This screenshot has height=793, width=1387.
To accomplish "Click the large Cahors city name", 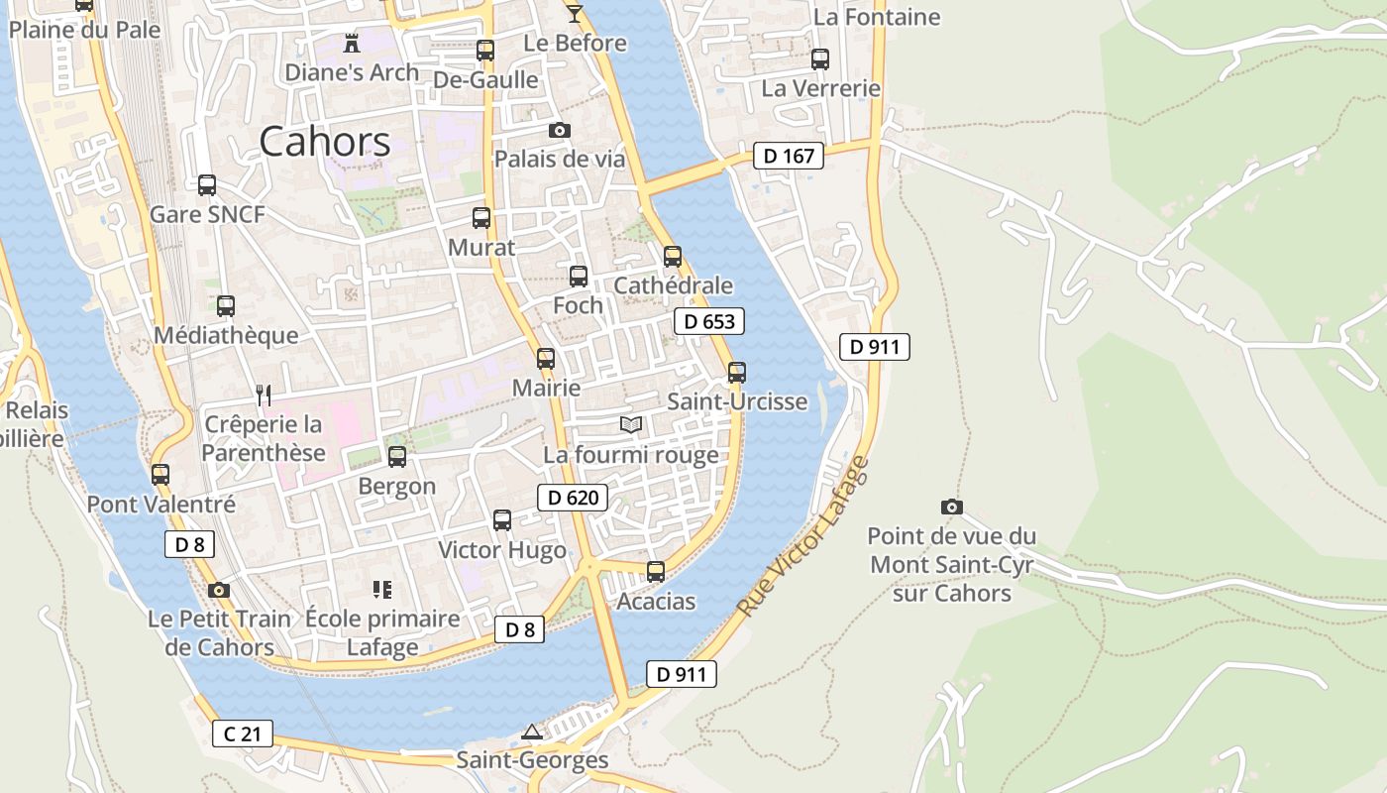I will tap(325, 142).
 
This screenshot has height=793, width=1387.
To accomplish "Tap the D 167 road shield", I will tap(789, 156).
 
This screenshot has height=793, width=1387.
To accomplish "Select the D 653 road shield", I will tap(709, 321).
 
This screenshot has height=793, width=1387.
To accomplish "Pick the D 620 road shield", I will tap(573, 498).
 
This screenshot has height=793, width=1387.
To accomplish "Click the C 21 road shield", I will tap(242, 734).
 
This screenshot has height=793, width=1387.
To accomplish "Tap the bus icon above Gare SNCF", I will tap(207, 185).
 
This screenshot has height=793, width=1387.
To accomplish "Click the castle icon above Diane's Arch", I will tap(351, 43).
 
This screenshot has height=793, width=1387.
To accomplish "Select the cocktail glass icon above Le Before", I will tap(575, 13).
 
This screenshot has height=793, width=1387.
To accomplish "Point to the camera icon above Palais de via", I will tap(560, 130).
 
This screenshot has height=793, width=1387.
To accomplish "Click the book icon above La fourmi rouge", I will tap(631, 425).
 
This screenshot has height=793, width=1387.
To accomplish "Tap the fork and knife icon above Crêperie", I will tap(264, 396).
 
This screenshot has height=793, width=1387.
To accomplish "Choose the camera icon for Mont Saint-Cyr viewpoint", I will tap(951, 507).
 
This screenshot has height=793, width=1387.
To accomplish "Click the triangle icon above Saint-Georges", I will tap(532, 733).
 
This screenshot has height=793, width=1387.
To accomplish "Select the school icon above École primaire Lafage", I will tap(382, 590).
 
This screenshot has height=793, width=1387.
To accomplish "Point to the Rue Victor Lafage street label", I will tap(803, 536).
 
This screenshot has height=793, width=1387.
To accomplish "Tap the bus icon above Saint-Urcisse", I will tap(737, 373).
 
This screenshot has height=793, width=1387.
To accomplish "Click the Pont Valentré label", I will tap(161, 504).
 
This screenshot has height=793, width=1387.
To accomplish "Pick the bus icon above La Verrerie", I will tap(820, 59).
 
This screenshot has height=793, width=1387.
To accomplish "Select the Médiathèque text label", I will tap(226, 335).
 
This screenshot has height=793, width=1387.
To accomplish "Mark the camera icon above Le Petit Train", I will tap(219, 590).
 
